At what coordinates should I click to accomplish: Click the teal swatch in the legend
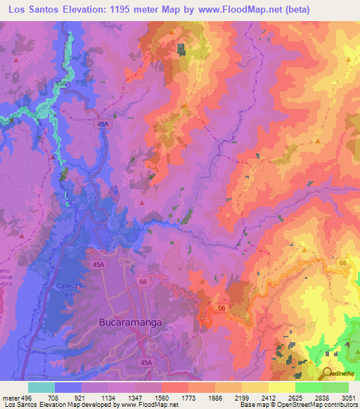pyautogui.click(x=41, y=388)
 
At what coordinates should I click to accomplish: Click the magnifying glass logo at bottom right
pyautogui.click(x=328, y=373)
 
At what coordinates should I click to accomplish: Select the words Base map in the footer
pyautogui.click(x=252, y=405)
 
